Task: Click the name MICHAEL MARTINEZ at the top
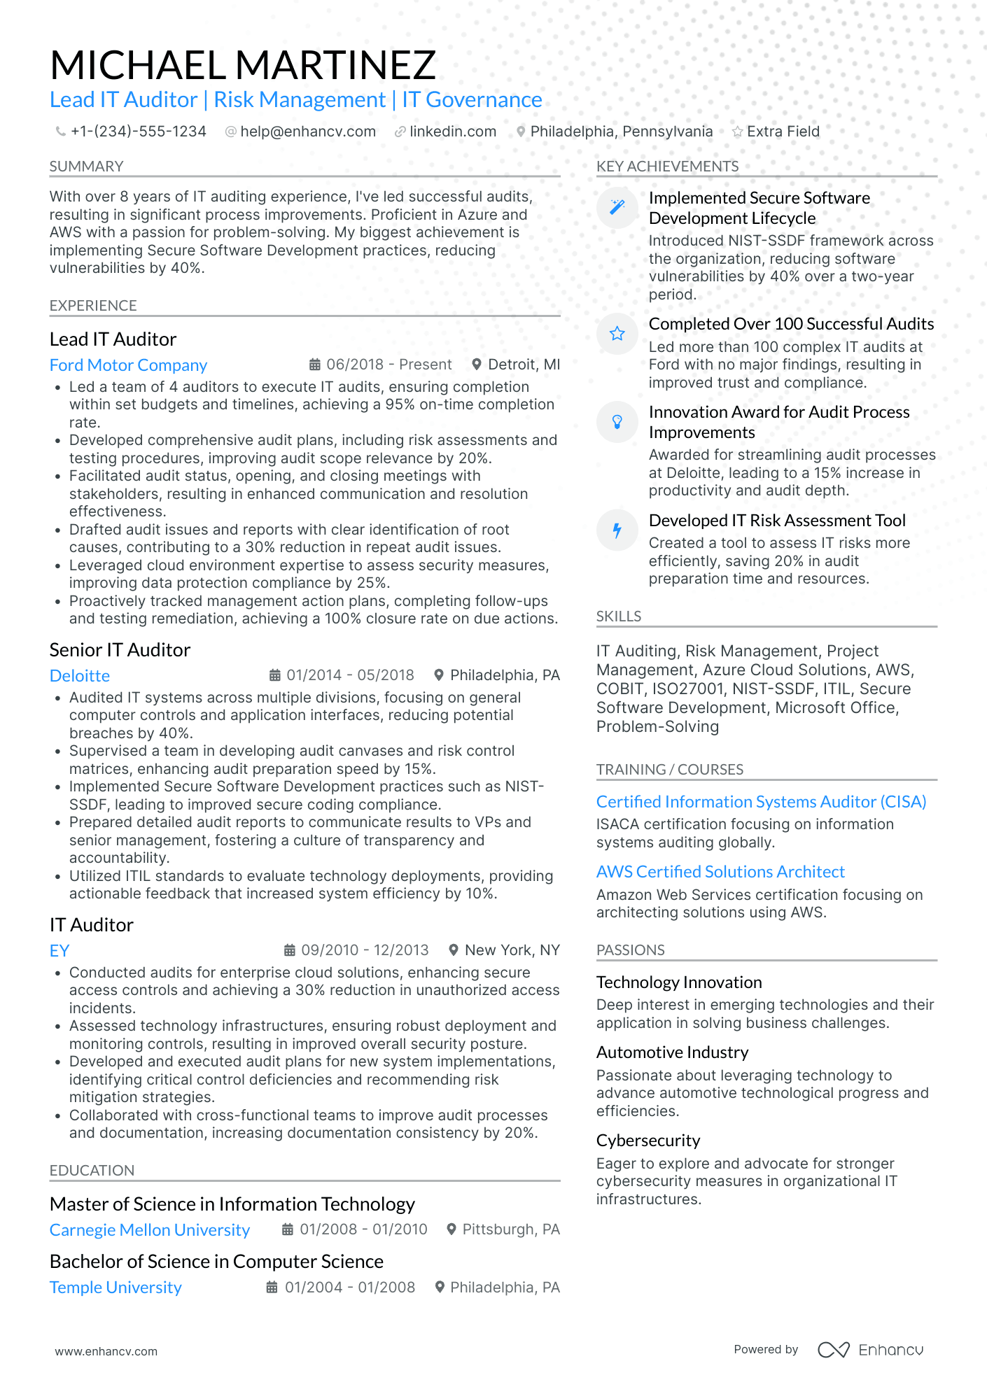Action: [x=243, y=65]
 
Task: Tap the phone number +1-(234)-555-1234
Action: [x=138, y=132]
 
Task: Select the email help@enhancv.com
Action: [x=307, y=132]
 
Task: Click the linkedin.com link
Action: [x=452, y=132]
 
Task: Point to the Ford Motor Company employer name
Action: [x=128, y=365]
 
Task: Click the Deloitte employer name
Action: [x=80, y=676]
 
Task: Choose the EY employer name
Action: [x=59, y=951]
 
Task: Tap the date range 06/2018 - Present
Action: [x=388, y=365]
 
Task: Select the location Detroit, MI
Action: [x=524, y=365]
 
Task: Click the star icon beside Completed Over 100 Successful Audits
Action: [x=617, y=334]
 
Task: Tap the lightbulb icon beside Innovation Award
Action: [x=617, y=421]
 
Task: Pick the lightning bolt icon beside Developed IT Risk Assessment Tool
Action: [x=617, y=530]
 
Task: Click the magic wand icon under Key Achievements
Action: [x=617, y=207]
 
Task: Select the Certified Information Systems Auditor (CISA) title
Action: [x=761, y=802]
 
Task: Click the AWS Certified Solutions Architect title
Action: [x=720, y=872]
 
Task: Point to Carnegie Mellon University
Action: [x=150, y=1230]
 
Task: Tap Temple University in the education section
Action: [x=115, y=1288]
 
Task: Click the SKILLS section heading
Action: [x=619, y=616]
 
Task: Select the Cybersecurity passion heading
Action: [x=648, y=1141]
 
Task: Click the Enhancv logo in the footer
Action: [x=870, y=1350]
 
